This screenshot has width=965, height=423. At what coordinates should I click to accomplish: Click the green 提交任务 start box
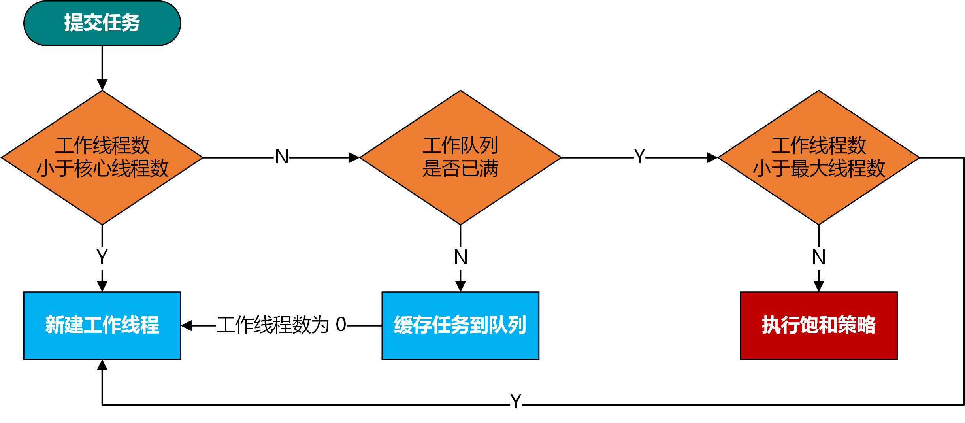click(102, 23)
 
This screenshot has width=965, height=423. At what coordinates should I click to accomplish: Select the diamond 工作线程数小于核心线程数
click(102, 157)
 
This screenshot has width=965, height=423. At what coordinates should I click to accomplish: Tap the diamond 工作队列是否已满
click(460, 157)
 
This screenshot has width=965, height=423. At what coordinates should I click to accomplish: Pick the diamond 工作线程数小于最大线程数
click(818, 157)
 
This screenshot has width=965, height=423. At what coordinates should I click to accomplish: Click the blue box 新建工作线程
click(102, 325)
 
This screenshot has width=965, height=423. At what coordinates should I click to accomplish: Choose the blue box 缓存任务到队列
click(460, 325)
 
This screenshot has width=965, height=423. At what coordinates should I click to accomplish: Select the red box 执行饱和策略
click(818, 325)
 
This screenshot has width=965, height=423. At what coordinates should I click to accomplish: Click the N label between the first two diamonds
click(282, 157)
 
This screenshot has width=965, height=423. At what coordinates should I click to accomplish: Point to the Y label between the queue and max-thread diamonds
click(639, 157)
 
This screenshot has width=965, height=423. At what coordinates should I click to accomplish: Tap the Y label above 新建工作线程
click(102, 257)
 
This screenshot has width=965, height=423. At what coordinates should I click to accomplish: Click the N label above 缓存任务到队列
click(460, 257)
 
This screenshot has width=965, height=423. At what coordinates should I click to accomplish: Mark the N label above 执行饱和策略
click(818, 257)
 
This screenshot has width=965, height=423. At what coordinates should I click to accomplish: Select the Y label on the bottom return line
click(516, 401)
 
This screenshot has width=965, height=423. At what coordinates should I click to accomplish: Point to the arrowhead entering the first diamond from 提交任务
click(102, 85)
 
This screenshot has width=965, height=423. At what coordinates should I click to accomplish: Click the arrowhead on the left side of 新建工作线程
click(187, 325)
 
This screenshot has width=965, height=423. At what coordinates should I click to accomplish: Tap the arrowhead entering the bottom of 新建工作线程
click(102, 365)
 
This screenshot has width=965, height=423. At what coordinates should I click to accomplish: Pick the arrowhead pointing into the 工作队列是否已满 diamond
click(354, 157)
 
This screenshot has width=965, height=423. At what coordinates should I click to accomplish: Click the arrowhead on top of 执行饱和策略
click(818, 286)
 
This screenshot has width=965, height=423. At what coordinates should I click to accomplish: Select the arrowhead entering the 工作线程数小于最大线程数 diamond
click(712, 157)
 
